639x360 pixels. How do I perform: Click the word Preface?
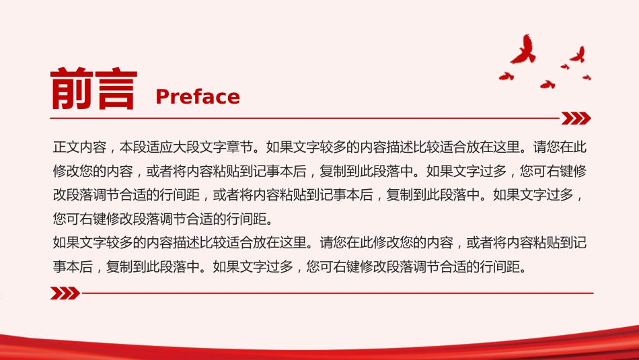198,97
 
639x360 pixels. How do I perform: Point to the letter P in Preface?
162,97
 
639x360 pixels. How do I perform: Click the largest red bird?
523,49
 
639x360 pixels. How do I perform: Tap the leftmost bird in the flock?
506,76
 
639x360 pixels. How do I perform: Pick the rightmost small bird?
587,77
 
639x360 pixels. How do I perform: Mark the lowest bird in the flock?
548,84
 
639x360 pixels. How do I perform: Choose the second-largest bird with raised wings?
578,55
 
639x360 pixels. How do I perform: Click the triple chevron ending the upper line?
576,118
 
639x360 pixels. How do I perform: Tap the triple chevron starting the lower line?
65,293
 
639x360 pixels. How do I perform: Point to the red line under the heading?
305,118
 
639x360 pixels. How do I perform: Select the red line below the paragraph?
338,293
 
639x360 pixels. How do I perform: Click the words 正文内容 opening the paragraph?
79,147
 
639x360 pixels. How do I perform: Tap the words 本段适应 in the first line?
147,147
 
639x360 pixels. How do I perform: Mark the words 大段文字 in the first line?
200,147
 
